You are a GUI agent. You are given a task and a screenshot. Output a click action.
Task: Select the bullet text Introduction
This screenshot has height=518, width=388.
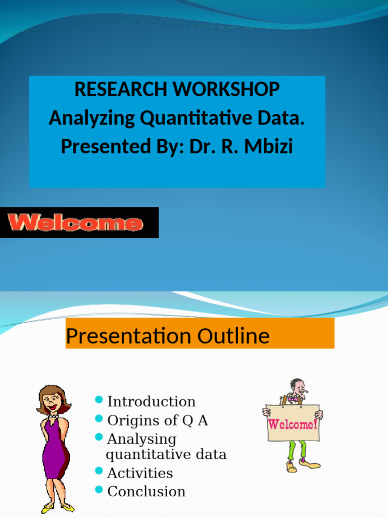click(x=151, y=402)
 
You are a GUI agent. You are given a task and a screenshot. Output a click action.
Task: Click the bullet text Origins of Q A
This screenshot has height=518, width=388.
click(x=158, y=420)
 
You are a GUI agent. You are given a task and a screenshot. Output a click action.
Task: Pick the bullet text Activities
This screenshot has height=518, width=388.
click(x=140, y=473)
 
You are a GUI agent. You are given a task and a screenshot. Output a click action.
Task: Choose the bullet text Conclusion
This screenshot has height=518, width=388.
click(x=147, y=492)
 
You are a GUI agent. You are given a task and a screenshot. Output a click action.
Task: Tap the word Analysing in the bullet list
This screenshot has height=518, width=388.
click(x=141, y=439)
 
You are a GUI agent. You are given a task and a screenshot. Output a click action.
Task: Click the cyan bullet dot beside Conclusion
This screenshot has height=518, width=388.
click(x=99, y=490)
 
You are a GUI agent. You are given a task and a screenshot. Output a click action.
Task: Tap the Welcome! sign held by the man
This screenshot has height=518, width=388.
click(x=293, y=423)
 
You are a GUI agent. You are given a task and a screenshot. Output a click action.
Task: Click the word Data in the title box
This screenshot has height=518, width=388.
click(x=284, y=118)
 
